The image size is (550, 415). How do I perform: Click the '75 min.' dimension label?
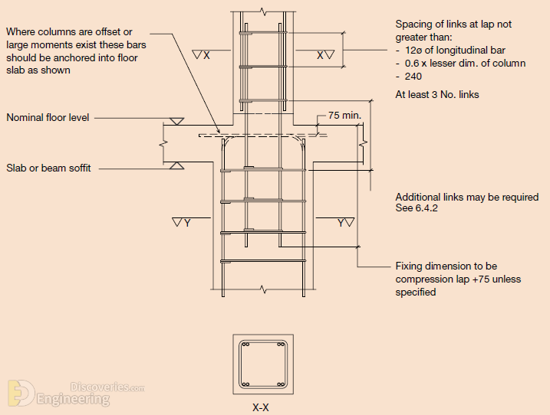point(344,115)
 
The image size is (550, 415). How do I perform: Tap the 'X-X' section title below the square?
point(261,407)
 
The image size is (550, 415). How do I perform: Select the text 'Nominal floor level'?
point(48,117)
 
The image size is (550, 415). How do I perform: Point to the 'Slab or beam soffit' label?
point(48,168)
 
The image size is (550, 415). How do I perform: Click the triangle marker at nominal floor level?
point(176,122)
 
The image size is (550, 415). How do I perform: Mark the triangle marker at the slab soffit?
point(176,165)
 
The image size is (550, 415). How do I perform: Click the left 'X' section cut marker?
point(201,55)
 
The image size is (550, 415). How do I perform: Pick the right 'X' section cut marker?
point(325,55)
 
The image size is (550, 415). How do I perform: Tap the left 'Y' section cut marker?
point(182,222)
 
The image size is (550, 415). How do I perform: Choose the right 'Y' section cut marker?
point(345,222)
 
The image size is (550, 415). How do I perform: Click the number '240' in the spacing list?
point(413,77)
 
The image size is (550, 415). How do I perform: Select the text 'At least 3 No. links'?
point(437,94)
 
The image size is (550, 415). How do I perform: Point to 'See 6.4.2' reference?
point(417,208)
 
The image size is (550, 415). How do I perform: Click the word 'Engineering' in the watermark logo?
point(73,399)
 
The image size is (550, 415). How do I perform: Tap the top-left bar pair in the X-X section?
point(245,345)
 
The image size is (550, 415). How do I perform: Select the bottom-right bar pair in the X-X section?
point(281,384)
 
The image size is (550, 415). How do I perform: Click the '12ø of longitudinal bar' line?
point(455,50)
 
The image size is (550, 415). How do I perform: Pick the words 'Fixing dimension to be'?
point(446,266)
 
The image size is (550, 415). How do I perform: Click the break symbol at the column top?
point(263,12)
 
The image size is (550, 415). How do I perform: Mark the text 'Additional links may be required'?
point(467,198)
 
